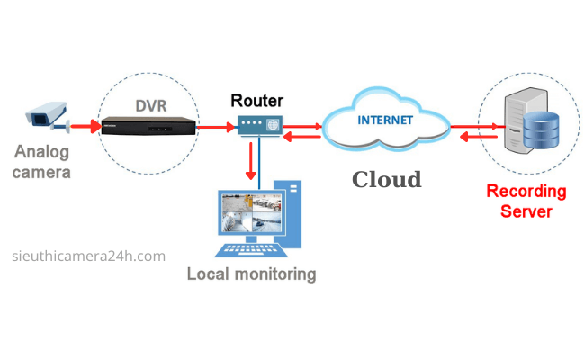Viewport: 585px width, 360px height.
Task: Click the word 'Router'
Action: point(257,100)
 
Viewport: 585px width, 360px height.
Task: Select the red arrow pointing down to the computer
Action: point(249,164)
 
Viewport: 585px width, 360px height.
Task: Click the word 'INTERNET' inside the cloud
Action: point(385,119)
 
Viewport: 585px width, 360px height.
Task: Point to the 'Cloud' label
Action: point(386,179)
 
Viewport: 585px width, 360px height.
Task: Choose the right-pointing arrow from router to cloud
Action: point(305,127)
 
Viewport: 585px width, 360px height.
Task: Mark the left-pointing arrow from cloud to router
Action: point(305,139)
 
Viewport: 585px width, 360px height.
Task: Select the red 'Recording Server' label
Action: point(526,202)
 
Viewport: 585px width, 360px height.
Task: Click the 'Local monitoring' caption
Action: point(251,274)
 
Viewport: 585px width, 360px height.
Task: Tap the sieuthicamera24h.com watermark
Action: point(91,256)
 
